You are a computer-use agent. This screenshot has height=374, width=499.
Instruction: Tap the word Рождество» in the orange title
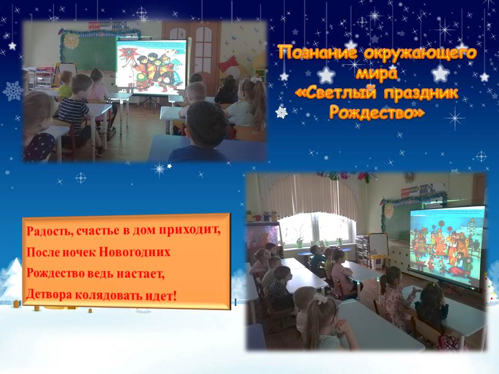tap(377, 112)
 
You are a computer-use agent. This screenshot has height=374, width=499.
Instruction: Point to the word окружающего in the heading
tap(421, 54)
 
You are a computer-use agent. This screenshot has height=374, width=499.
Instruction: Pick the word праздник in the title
tap(421, 93)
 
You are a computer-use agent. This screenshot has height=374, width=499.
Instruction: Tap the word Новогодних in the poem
tap(135, 252)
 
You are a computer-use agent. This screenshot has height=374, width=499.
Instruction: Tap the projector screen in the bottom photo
tap(447, 247)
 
